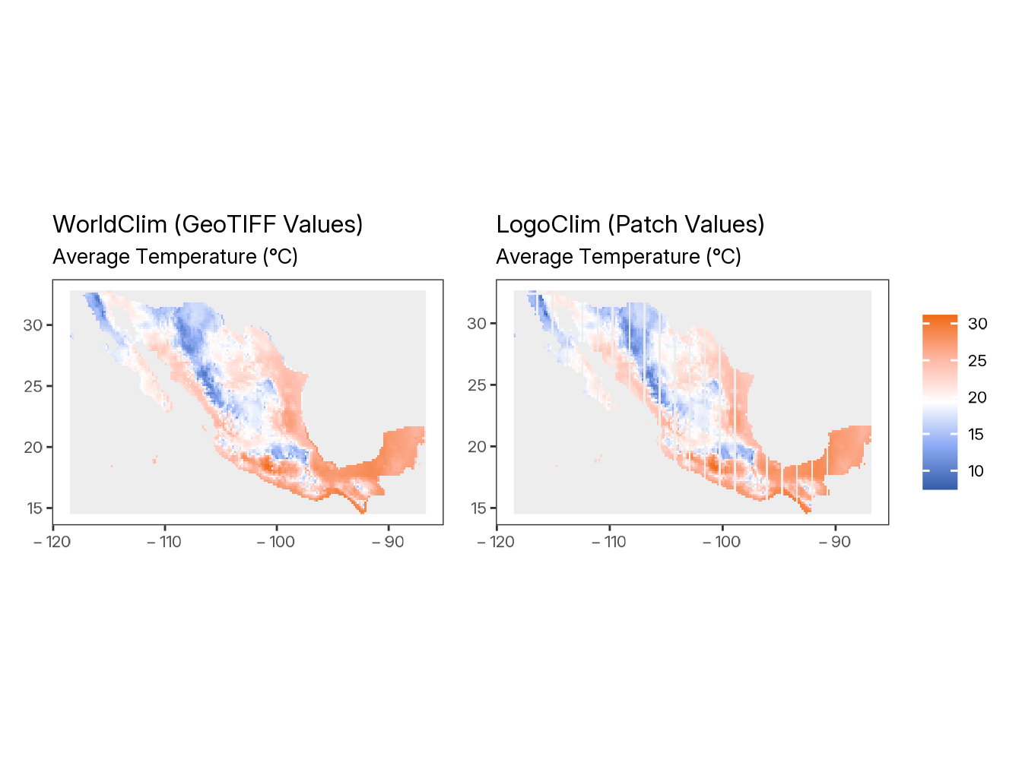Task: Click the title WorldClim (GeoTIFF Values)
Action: [208, 224]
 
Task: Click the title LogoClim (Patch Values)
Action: [630, 224]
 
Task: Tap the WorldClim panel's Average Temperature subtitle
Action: [175, 257]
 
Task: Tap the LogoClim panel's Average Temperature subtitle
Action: [618, 257]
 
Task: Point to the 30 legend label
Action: [977, 324]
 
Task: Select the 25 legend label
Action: [977, 361]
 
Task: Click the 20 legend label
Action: [977, 397]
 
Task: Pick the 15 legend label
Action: [977, 435]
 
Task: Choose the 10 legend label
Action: [977, 471]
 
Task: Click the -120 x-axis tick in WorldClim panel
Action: [53, 542]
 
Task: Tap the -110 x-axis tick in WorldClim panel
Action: [164, 542]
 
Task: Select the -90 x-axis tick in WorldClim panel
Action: [388, 542]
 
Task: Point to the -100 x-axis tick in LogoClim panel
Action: [722, 542]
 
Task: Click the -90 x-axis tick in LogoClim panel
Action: [834, 542]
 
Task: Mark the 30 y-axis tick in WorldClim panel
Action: [33, 325]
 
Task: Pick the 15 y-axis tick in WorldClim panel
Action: [33, 508]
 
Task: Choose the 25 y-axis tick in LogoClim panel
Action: [478, 385]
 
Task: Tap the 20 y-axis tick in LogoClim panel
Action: [478, 447]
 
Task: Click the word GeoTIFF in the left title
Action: [229, 224]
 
